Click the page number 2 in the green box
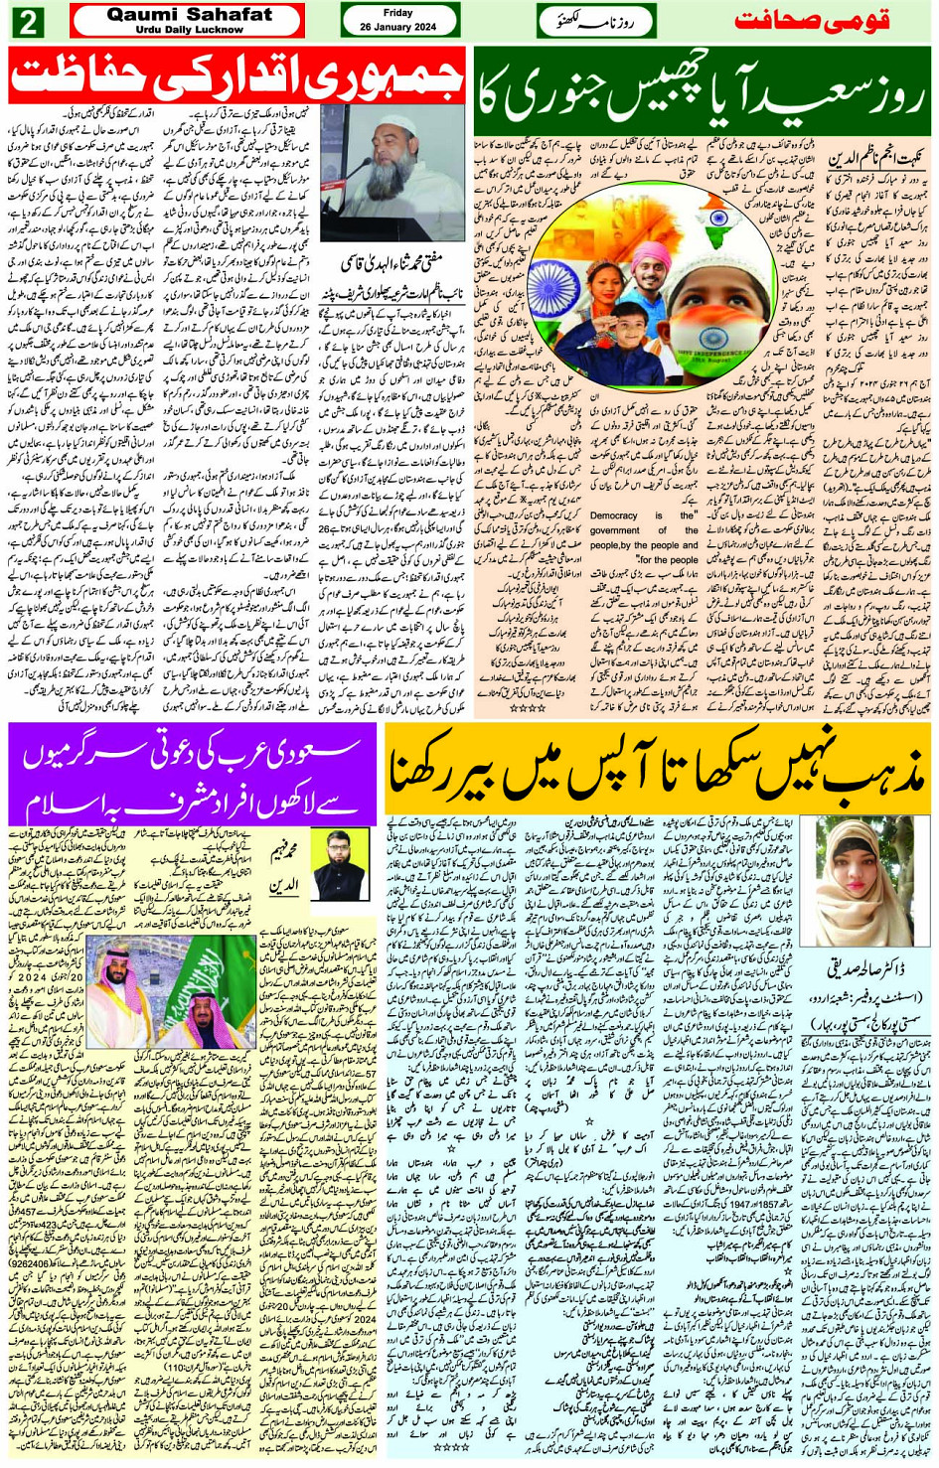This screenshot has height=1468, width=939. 27,21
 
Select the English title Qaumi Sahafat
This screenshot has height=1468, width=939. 189,14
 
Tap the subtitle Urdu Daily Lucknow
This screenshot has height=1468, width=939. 189,30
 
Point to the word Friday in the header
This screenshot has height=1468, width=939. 397,13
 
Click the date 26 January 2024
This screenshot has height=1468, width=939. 397,27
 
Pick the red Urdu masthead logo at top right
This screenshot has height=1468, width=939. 826,21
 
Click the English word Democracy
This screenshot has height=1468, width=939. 613,515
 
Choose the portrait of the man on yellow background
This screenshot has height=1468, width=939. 341,864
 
